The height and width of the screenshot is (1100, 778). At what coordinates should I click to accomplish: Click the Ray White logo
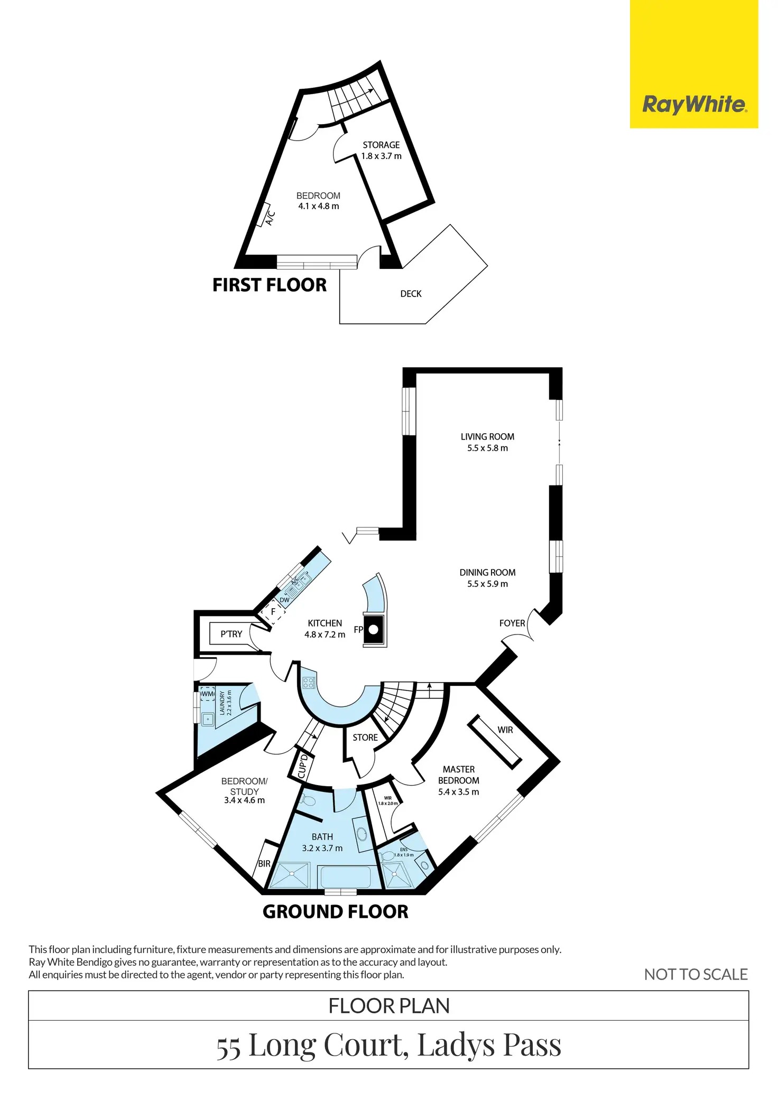(x=694, y=104)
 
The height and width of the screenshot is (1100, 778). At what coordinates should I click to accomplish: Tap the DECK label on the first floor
(x=411, y=294)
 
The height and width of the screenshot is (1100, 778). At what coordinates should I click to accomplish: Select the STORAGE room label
(x=381, y=145)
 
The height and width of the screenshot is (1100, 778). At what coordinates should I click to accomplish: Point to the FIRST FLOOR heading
(x=270, y=285)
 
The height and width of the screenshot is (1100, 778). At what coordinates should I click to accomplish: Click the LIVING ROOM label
(x=487, y=437)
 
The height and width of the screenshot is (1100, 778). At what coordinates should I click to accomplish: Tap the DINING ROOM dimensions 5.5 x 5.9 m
(x=487, y=584)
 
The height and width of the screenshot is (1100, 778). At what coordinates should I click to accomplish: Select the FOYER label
(x=512, y=623)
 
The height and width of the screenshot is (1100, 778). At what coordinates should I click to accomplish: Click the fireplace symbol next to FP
(x=374, y=630)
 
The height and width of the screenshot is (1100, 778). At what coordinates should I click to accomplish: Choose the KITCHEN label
(x=325, y=623)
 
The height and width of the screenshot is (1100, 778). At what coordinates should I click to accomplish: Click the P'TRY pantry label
(x=231, y=634)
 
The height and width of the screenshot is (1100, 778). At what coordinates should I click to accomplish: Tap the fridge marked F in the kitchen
(x=273, y=612)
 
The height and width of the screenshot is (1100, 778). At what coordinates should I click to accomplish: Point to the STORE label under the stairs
(x=365, y=738)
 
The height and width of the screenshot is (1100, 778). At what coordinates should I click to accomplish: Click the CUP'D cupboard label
(x=302, y=767)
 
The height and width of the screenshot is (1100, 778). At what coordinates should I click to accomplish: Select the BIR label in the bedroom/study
(x=264, y=863)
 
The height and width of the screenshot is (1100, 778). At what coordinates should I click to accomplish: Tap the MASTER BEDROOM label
(x=459, y=775)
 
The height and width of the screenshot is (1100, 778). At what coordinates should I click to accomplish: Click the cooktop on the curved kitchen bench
(x=309, y=683)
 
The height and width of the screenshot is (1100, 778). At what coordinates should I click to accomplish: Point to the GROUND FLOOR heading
(x=336, y=912)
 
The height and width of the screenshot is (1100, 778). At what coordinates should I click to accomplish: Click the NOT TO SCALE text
(x=696, y=974)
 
